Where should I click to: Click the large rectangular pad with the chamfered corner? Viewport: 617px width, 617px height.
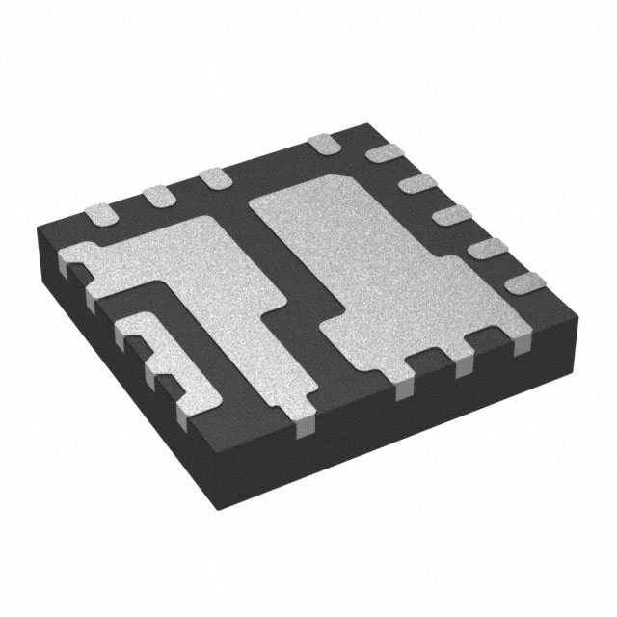pos(386,270)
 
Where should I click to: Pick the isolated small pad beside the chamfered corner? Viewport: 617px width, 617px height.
pos(323,147)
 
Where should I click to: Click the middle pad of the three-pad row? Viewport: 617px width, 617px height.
pos(156,197)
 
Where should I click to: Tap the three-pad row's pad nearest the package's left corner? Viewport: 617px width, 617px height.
pos(99,215)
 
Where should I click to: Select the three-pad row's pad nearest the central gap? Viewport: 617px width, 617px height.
pos(212,178)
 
